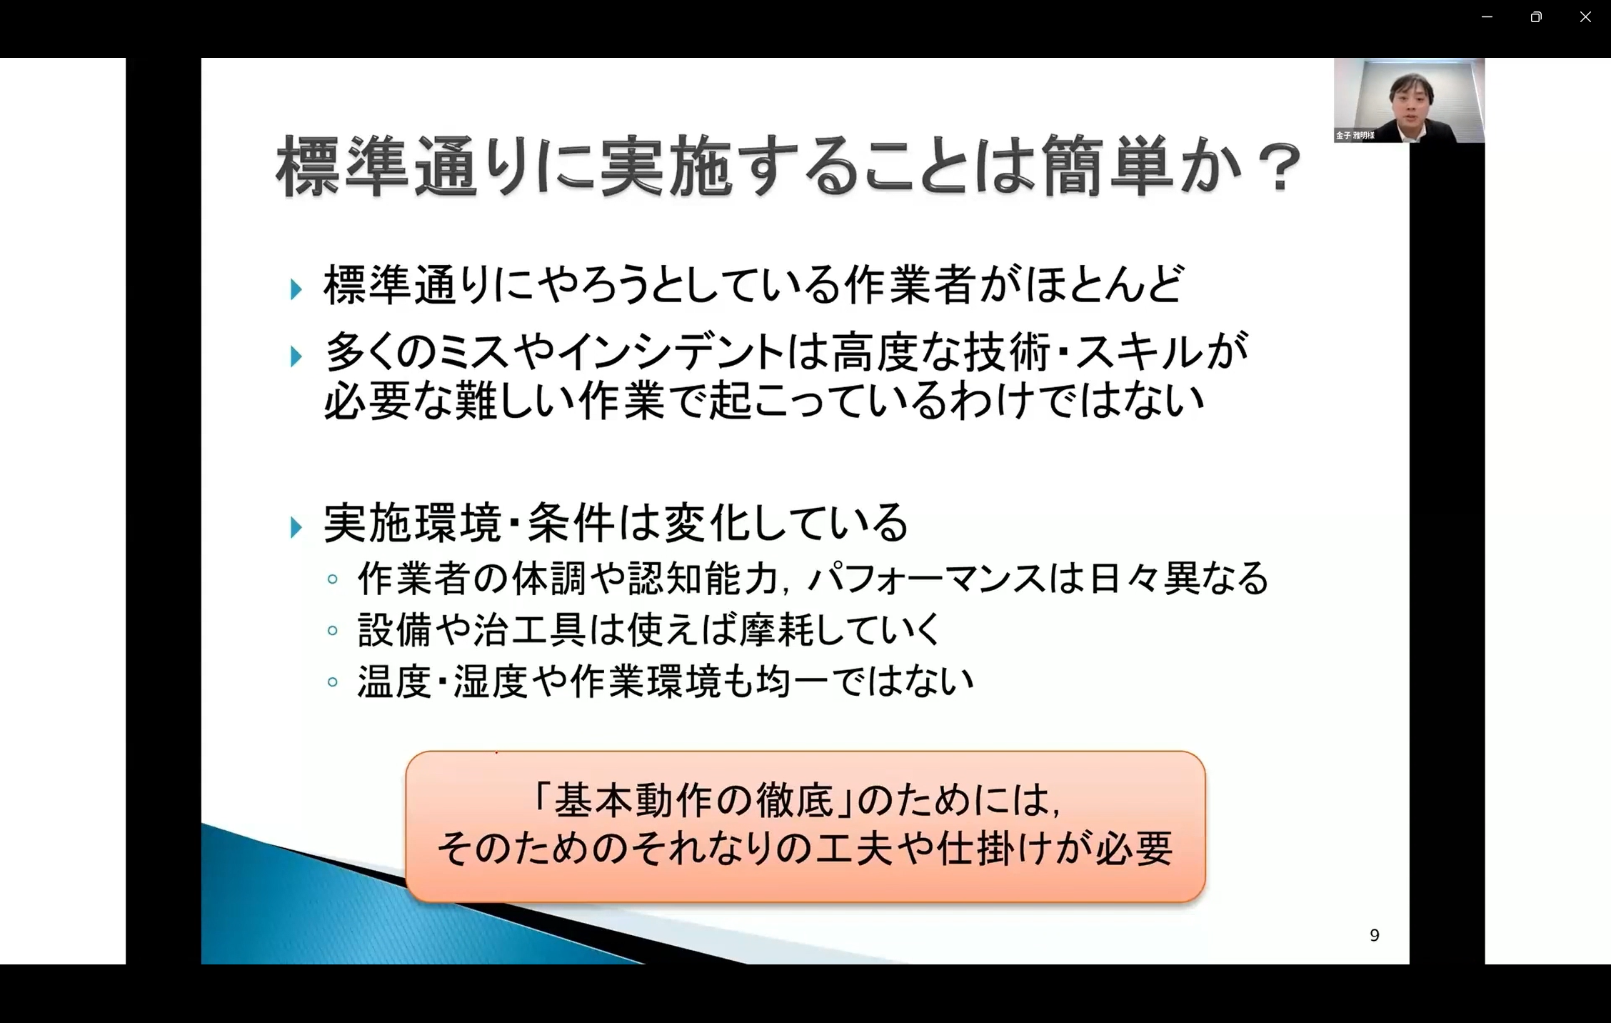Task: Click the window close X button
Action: (x=1585, y=17)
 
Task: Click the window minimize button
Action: (x=1487, y=17)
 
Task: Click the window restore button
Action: (x=1536, y=17)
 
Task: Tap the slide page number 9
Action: (x=1375, y=935)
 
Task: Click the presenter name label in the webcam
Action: (x=1355, y=135)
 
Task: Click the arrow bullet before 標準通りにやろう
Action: (x=296, y=289)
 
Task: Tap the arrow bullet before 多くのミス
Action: (x=296, y=356)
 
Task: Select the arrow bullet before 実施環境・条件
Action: (x=296, y=528)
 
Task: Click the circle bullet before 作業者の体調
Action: (x=332, y=579)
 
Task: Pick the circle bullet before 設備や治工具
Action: (x=332, y=631)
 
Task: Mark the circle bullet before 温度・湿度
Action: (x=332, y=682)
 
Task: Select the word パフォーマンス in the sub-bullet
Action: (x=927, y=579)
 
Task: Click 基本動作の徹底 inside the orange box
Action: (x=693, y=800)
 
